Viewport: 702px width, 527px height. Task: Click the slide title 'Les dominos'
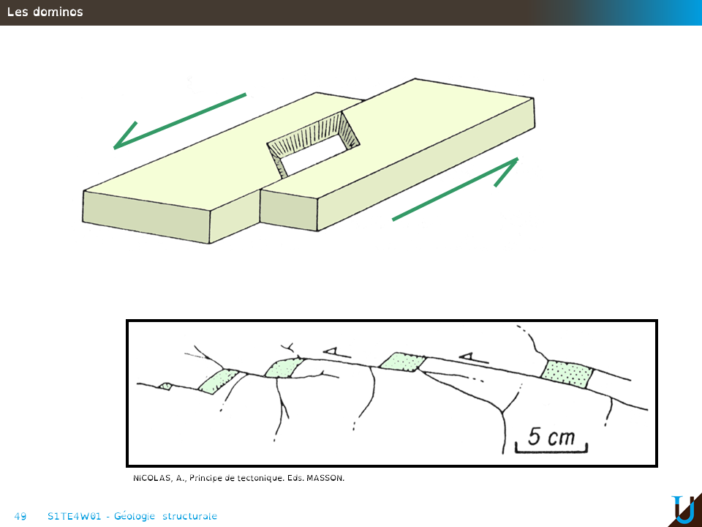click(45, 12)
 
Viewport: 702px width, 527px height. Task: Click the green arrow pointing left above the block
click(180, 121)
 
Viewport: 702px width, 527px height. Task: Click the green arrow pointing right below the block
click(456, 189)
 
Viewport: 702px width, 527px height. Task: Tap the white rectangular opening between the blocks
click(314, 154)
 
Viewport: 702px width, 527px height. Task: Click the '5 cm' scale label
click(551, 436)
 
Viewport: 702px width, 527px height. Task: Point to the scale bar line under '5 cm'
click(551, 449)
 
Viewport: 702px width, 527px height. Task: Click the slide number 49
click(20, 516)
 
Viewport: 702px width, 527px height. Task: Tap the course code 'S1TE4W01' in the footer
click(75, 516)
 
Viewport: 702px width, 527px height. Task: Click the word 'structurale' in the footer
click(189, 516)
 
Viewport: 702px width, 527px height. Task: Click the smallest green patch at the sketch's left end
click(165, 386)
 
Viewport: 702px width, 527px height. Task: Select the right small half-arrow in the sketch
click(473, 358)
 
